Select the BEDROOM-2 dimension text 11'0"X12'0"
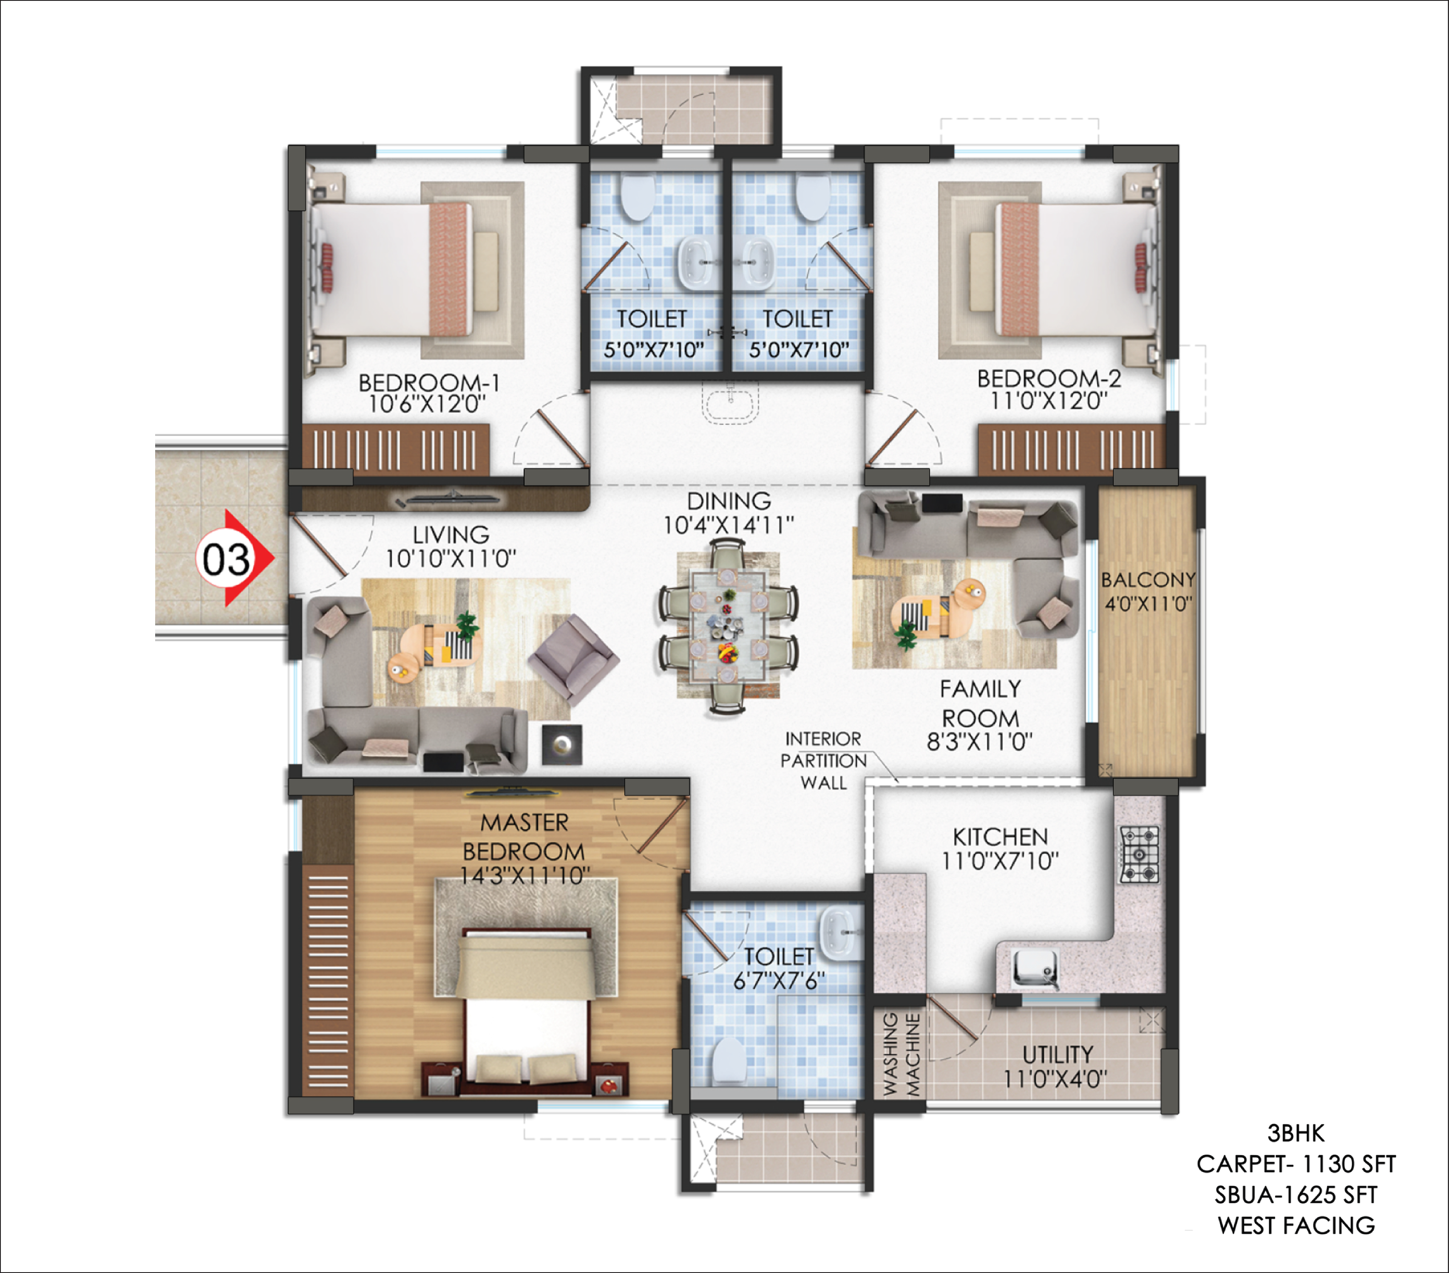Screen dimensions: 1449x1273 pyautogui.click(x=1049, y=401)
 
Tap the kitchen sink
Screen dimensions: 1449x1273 pyautogui.click(x=1035, y=967)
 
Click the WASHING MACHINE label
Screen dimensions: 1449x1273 pyautogui.click(x=901, y=1054)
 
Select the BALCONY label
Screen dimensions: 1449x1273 pyautogui.click(x=1148, y=580)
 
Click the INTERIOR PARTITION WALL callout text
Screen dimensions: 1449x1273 pyautogui.click(x=824, y=761)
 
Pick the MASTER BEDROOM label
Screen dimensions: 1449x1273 pyautogui.click(x=524, y=836)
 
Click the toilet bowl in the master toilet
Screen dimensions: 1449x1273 pyautogui.click(x=728, y=1061)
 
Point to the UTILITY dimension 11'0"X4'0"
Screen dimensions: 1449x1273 pyautogui.click(x=1055, y=1080)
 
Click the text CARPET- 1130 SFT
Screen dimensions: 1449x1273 pyautogui.click(x=1296, y=1164)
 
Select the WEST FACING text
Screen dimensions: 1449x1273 pyautogui.click(x=1296, y=1225)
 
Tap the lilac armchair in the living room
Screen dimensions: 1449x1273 pyautogui.click(x=573, y=659)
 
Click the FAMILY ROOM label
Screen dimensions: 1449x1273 pyautogui.click(x=981, y=703)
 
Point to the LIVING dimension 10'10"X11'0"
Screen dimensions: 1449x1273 pyautogui.click(x=451, y=559)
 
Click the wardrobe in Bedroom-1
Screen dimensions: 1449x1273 pyautogui.click(x=396, y=450)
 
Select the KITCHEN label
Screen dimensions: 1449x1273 pyautogui.click(x=1000, y=837)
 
